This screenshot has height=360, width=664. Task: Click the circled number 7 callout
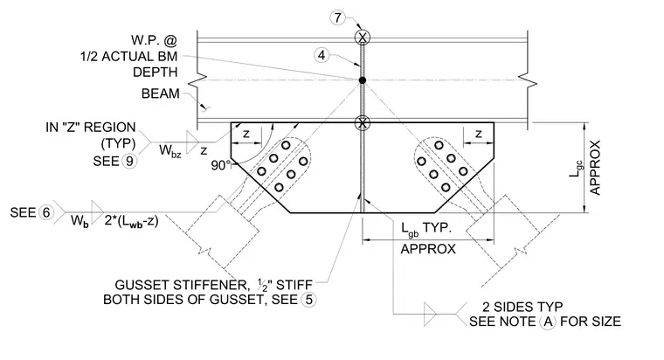337,17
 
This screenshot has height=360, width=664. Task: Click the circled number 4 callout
322,55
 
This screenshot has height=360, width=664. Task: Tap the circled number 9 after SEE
129,161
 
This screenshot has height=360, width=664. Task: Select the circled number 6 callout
46,212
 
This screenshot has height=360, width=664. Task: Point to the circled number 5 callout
308,300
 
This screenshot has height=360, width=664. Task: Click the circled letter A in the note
548,322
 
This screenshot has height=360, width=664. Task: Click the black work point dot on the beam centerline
363,80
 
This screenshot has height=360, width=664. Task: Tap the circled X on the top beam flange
363,38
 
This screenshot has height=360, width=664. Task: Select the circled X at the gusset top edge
363,123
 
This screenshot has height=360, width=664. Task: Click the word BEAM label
161,93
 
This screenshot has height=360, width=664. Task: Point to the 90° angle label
221,166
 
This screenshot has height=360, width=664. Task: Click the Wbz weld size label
170,150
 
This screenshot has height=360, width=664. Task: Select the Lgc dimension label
578,168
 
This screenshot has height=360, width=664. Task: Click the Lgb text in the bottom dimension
410,229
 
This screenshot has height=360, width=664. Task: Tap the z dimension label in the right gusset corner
479,134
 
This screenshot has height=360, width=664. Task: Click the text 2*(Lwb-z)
131,221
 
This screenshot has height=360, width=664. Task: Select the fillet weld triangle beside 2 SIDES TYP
430,314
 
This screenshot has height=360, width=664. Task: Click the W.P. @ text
154,40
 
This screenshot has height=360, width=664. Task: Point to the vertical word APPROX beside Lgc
595,168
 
